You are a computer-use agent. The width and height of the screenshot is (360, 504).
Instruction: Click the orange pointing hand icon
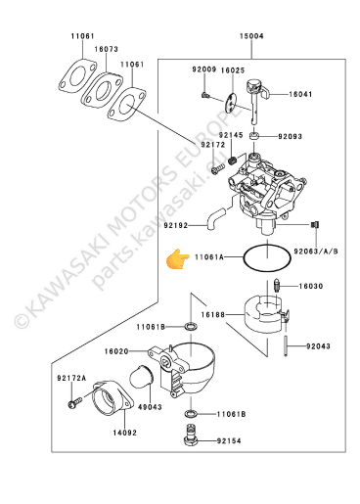click(178, 259)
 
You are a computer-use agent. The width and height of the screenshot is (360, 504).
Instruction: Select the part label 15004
click(251, 36)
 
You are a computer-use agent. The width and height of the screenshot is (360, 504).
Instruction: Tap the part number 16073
click(107, 49)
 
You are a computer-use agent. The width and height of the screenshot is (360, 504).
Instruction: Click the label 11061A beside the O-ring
click(209, 257)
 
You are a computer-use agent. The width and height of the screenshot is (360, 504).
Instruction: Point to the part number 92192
click(176, 225)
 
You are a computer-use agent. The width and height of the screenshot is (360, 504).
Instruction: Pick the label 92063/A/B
click(316, 252)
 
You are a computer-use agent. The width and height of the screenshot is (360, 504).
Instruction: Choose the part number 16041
click(300, 94)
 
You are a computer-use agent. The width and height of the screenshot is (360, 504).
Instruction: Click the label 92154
click(229, 441)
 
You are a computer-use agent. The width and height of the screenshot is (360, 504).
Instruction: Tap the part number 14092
click(125, 433)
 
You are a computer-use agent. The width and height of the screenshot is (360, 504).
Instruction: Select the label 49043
click(150, 407)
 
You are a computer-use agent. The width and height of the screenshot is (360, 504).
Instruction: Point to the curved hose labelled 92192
click(214, 219)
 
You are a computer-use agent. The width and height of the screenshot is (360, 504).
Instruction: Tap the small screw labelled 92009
click(204, 95)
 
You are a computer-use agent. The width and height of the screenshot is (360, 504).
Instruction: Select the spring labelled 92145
click(232, 160)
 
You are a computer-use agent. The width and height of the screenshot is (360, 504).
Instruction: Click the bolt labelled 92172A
click(74, 402)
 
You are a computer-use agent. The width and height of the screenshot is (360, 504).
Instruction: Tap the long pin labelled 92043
click(286, 345)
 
